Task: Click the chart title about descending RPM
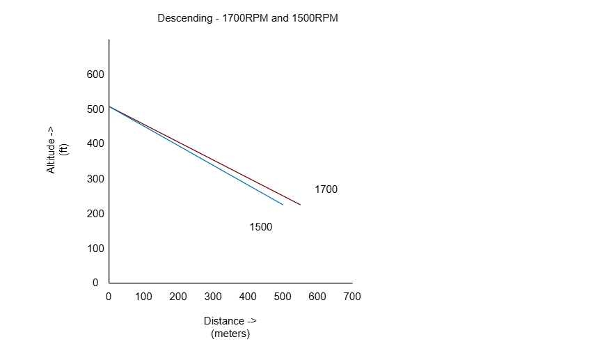click(x=248, y=19)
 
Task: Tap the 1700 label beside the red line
click(x=326, y=189)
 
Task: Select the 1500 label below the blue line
click(x=260, y=227)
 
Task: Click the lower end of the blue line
click(x=282, y=204)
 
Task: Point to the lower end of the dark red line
click(x=299, y=204)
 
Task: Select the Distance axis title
click(x=230, y=321)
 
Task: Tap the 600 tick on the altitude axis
click(x=95, y=75)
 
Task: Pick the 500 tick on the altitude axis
click(x=95, y=109)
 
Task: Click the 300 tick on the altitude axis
click(x=95, y=179)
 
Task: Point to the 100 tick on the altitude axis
click(x=95, y=249)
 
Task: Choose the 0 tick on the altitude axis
click(x=95, y=283)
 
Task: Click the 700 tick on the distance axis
click(x=352, y=297)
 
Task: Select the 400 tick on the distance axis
click(x=248, y=297)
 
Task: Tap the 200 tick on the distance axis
click(x=178, y=297)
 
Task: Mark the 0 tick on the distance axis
click(x=109, y=297)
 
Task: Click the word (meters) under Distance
click(x=230, y=334)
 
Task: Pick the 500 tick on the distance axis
click(x=283, y=297)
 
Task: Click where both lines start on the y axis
click(x=109, y=107)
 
